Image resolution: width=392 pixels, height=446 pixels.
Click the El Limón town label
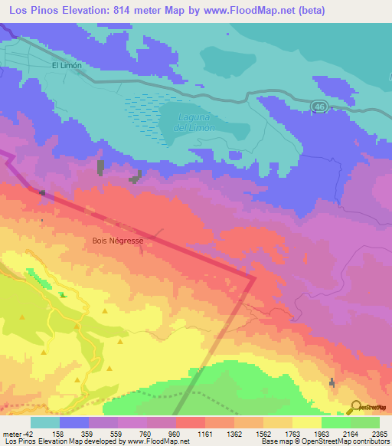click(66, 66)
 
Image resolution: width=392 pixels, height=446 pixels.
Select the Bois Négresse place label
click(117, 240)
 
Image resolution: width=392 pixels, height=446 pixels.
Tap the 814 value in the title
click(124, 10)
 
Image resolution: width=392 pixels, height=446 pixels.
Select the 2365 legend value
click(378, 432)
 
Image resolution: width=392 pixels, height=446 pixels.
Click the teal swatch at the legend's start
click(45, 422)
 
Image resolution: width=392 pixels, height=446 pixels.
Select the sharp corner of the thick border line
click(253, 278)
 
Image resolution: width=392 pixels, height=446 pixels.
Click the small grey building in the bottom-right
click(332, 382)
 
